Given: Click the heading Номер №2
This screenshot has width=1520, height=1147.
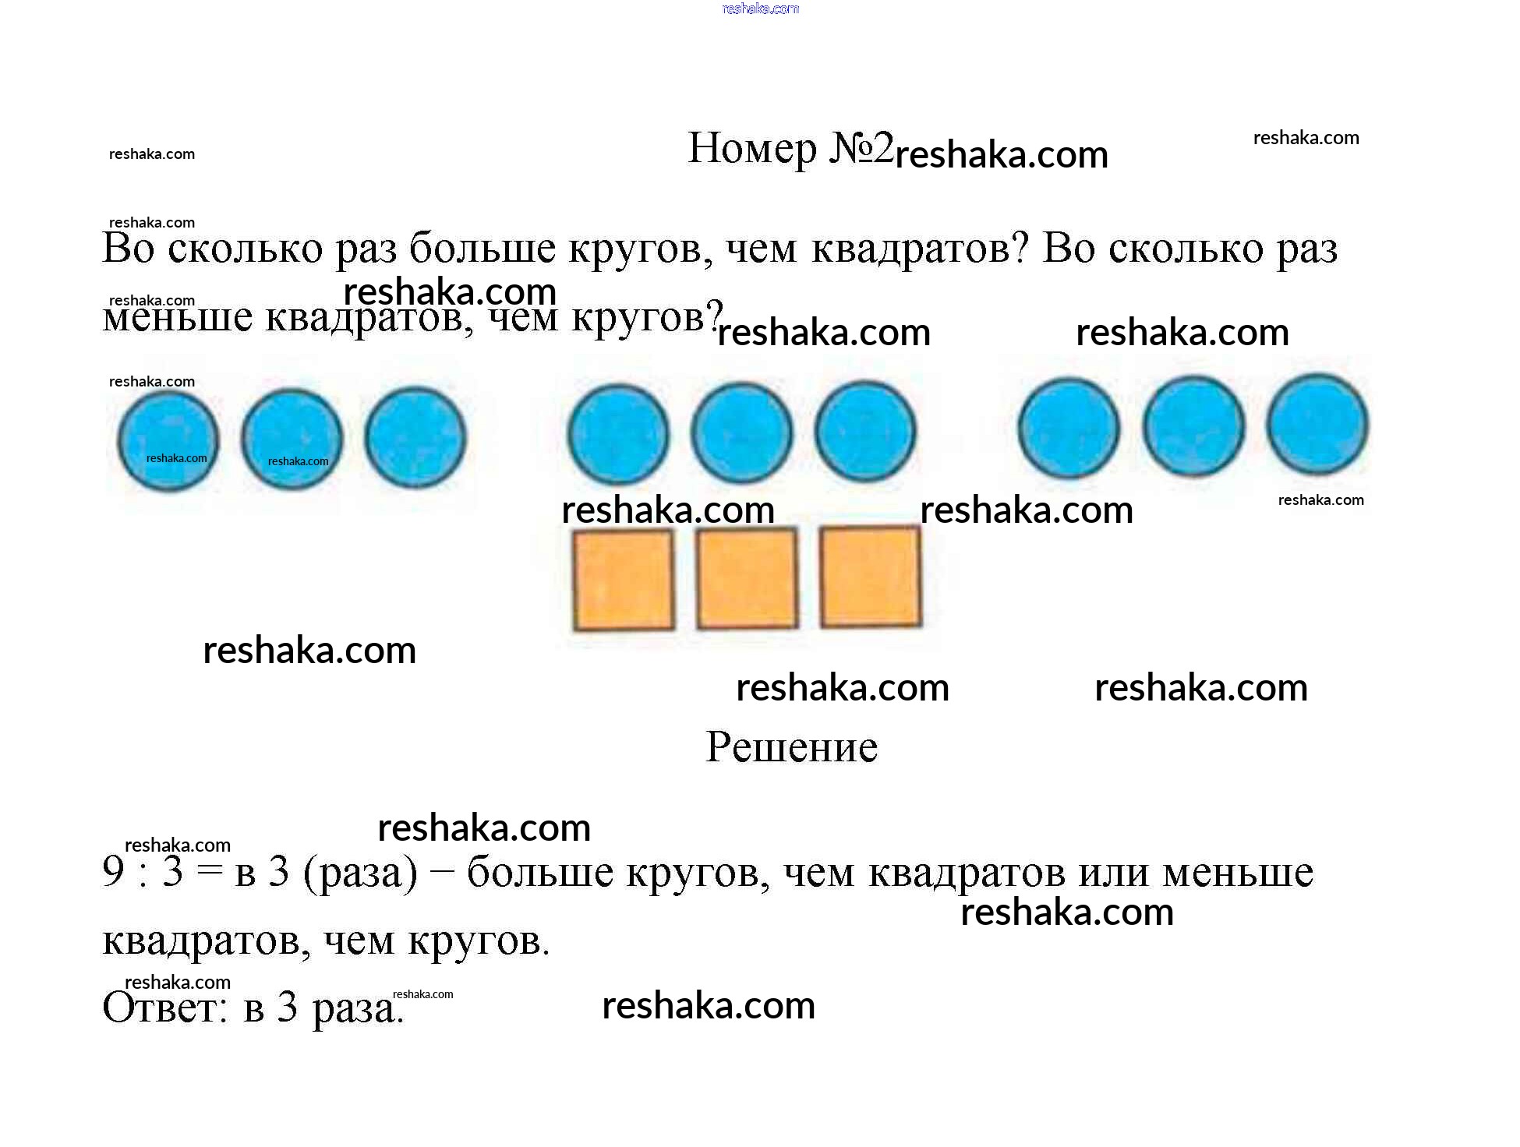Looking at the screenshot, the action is tap(790, 148).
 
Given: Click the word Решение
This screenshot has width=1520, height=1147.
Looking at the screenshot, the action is tap(791, 746).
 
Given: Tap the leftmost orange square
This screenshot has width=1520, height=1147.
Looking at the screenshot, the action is tap(624, 580).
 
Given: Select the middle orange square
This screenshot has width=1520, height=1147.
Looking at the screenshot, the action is tap(747, 577).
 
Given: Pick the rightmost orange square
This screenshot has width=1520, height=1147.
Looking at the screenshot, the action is tap(871, 576).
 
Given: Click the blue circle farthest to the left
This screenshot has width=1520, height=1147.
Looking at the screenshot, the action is tap(168, 440).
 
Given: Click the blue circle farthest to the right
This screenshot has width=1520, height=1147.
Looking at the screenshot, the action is tap(1317, 424).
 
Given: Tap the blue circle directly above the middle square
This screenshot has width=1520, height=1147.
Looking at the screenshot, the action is tap(742, 432).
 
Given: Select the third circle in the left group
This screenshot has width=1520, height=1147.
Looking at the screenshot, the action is tap(415, 437).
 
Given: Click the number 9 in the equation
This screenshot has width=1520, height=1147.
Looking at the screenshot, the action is tap(113, 871).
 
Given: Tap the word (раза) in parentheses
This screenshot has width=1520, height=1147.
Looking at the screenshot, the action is tap(360, 873).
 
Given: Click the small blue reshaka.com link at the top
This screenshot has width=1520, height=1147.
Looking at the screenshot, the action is tap(761, 9).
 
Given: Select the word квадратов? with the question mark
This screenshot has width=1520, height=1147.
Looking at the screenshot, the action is tap(921, 249).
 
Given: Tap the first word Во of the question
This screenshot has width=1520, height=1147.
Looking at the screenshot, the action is tap(129, 248).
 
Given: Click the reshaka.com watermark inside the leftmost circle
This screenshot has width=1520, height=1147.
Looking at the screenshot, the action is tap(177, 458).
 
